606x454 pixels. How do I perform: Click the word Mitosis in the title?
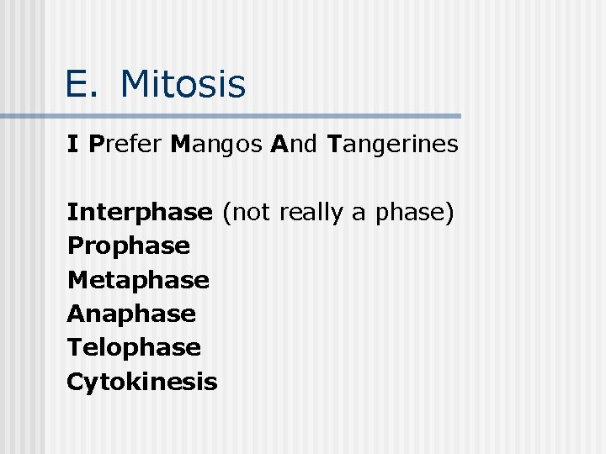coord(183,84)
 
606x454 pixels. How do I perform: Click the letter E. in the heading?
coord(82,84)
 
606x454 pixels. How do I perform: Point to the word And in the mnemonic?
coord(295,145)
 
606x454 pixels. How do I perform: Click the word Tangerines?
coord(392,145)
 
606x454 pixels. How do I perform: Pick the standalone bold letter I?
coord(73,145)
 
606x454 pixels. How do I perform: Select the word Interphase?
coord(140,213)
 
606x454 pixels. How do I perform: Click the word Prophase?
coord(128,246)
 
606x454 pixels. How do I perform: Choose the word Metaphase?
coord(138,279)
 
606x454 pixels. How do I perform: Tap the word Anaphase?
coord(131,314)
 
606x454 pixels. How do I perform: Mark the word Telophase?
coord(134,347)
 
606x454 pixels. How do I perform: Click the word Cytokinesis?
coord(141,382)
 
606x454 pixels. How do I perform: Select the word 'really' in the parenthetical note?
coord(311,214)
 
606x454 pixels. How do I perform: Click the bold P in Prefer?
coord(95,145)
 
